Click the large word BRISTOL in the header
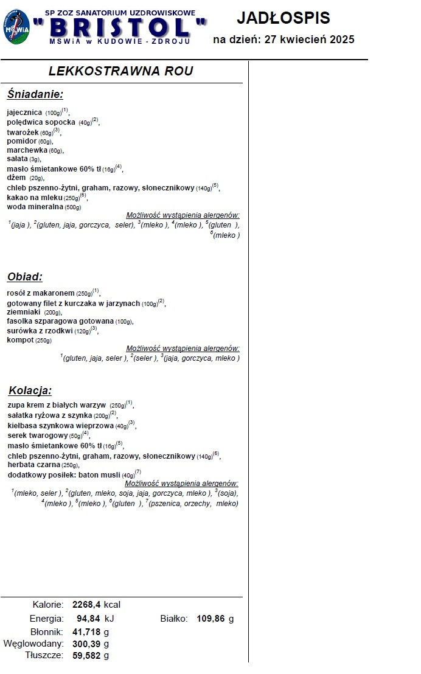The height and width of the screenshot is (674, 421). click(126, 27)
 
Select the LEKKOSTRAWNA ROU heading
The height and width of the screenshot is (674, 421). click(120, 71)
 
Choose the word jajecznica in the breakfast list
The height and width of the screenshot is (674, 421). click(25, 113)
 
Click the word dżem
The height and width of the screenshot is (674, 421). click(16, 178)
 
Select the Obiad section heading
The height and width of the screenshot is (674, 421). click(25, 277)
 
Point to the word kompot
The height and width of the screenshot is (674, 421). click(20, 340)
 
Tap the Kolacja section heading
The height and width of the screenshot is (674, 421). click(30, 391)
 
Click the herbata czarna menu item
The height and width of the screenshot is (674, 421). click(33, 465)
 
